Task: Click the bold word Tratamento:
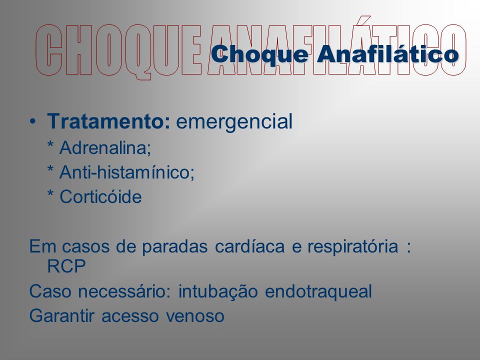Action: click(108, 121)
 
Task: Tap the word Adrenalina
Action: click(104, 148)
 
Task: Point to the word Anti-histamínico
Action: click(126, 172)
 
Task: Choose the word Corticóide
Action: click(100, 197)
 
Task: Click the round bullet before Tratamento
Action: click(33, 121)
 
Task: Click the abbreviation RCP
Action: click(66, 266)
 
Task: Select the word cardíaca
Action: click(250, 246)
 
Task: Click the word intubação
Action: click(218, 291)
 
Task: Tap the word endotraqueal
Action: click(318, 291)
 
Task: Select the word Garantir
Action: click(61, 315)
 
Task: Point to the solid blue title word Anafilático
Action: click(388, 54)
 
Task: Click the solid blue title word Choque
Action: click(260, 55)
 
